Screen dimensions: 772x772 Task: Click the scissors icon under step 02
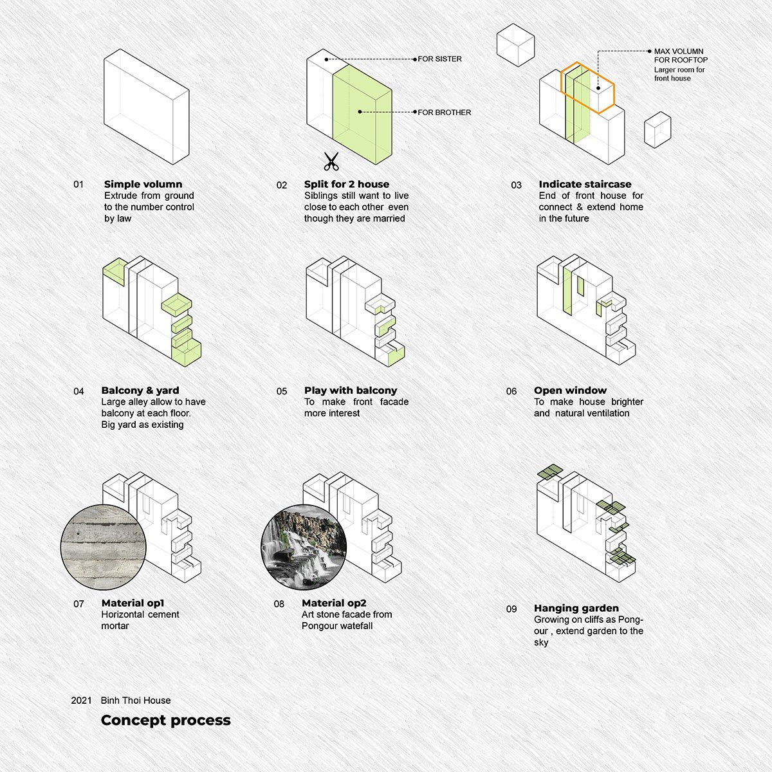tap(331, 161)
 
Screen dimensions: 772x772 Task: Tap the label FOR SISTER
tap(439, 59)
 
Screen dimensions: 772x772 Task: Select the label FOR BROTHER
tap(445, 113)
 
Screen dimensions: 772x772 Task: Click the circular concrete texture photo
tap(104, 547)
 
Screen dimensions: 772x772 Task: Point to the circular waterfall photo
tap(304, 547)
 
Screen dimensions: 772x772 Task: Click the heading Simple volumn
tap(143, 184)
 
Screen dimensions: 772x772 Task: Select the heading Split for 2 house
tap(347, 184)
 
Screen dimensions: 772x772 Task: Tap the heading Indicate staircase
tap(585, 184)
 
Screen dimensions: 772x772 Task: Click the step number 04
tap(78, 391)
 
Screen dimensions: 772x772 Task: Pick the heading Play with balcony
tap(351, 391)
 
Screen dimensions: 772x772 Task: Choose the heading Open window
tap(570, 391)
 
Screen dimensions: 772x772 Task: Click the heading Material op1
tap(133, 603)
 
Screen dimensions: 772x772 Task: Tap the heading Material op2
tap(334, 603)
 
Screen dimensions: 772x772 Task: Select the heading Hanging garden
tap(576, 608)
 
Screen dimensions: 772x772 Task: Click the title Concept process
tap(166, 721)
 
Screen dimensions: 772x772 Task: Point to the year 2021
tap(81, 701)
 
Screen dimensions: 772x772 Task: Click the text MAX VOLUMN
tap(679, 51)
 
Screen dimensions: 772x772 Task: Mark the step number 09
tap(511, 609)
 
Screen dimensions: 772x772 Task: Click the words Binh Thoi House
tap(135, 701)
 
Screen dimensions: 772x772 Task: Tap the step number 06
tap(511, 391)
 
